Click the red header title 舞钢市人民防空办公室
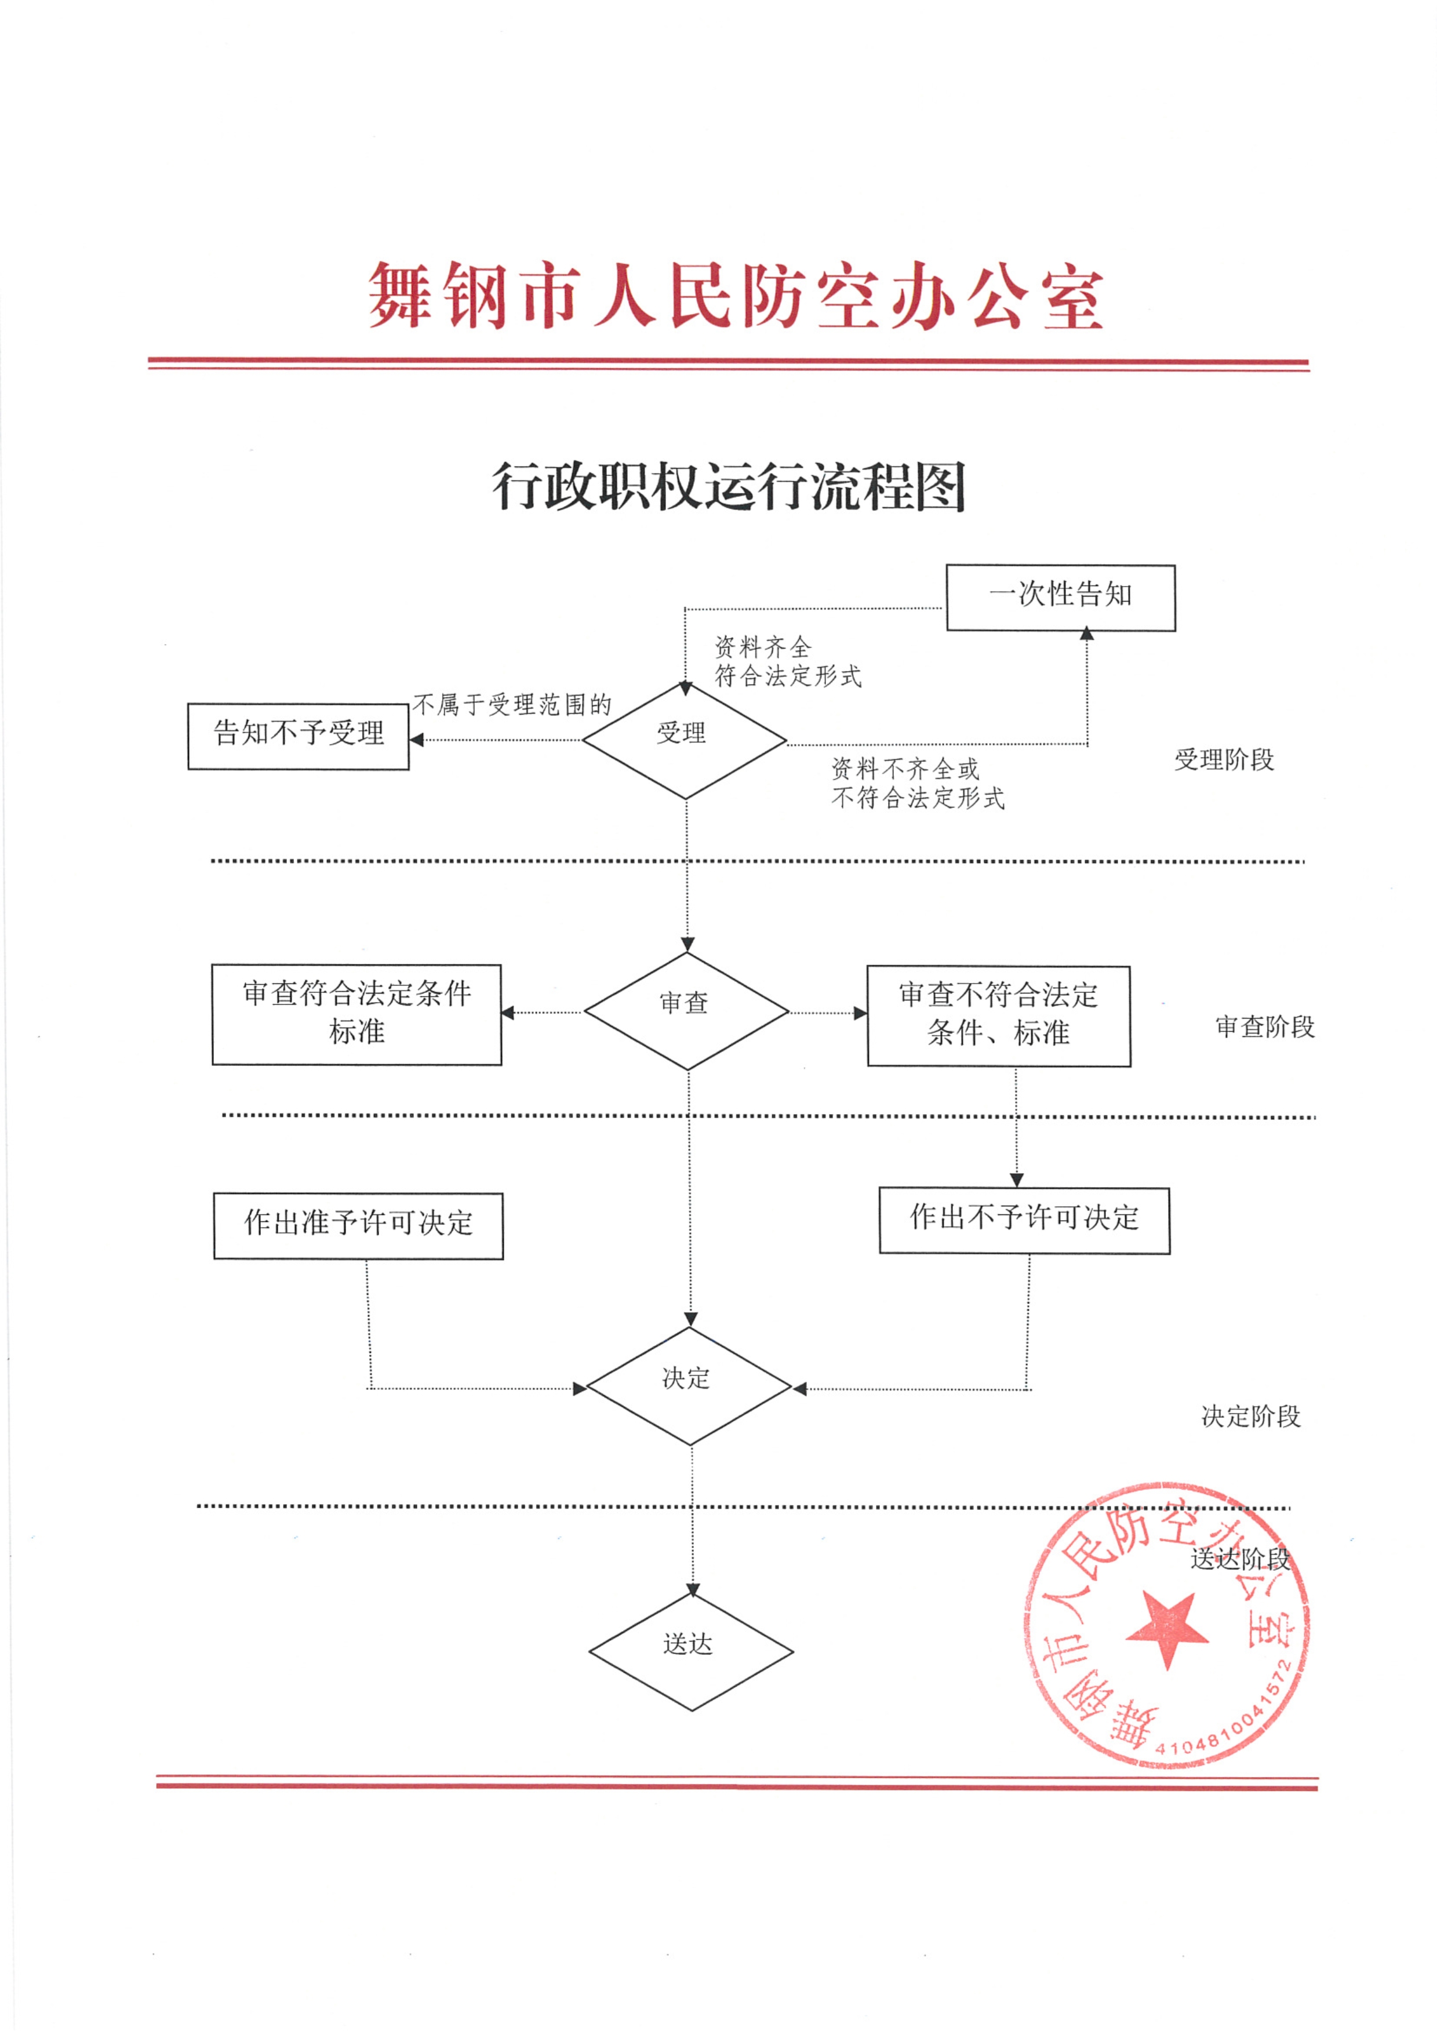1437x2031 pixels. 736,296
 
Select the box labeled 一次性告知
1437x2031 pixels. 1061,598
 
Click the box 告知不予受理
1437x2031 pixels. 298,736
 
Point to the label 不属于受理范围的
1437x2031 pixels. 512,704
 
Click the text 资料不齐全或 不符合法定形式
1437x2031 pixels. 918,783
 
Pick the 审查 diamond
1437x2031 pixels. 687,1011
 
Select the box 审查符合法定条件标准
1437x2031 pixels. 356,1014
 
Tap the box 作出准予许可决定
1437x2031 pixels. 358,1226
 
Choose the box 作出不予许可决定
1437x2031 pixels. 1025,1221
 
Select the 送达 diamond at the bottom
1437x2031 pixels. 691,1651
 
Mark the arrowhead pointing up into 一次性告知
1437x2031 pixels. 1087,634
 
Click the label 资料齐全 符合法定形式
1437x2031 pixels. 788,661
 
